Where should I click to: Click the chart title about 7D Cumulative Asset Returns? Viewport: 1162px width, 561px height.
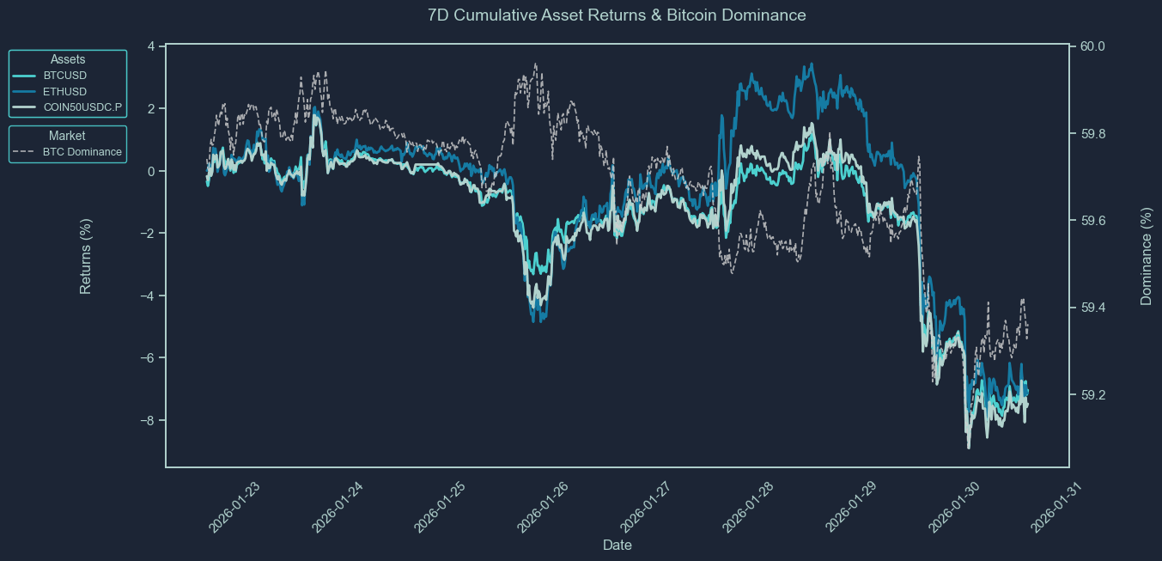coord(616,15)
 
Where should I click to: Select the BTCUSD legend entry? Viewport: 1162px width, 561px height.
coord(64,76)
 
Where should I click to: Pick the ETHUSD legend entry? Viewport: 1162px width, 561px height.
coord(64,92)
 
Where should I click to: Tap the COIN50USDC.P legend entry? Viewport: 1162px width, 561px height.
coord(82,108)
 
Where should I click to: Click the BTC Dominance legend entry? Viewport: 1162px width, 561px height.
coord(82,152)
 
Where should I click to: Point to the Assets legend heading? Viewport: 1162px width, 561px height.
coord(68,59)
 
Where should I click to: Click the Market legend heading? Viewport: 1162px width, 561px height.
coord(67,136)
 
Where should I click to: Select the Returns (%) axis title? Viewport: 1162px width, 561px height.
coord(86,256)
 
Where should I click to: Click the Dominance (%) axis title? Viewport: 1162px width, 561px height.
coord(1146,256)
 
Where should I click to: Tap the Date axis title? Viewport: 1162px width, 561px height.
coord(618,545)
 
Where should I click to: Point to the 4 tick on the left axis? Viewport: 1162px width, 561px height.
coord(151,46)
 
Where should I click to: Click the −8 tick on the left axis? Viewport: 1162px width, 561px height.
coord(148,420)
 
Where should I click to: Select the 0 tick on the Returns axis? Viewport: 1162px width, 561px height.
coord(151,171)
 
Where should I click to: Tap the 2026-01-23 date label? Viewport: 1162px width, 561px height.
coord(234,507)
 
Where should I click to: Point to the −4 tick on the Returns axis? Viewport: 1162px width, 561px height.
coord(148,296)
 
